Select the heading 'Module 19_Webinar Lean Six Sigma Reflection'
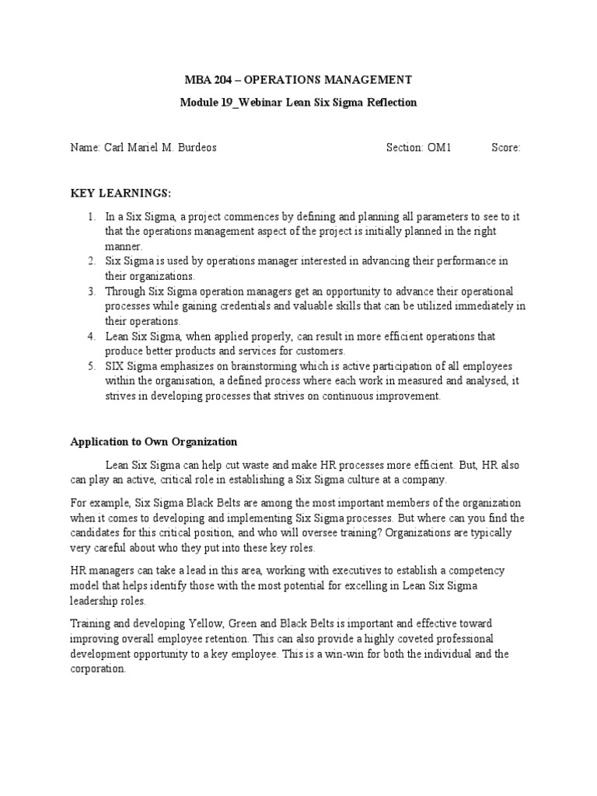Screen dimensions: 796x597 (x=298, y=103)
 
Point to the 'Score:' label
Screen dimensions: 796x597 (x=505, y=148)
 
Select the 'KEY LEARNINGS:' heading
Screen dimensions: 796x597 (x=121, y=193)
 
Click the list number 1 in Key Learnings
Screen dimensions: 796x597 (x=91, y=217)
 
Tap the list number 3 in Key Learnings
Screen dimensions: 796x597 (x=91, y=292)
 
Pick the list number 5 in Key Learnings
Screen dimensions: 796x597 (x=91, y=366)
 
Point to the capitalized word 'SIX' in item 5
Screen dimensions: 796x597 (x=117, y=366)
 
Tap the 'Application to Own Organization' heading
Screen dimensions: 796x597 (x=154, y=442)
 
